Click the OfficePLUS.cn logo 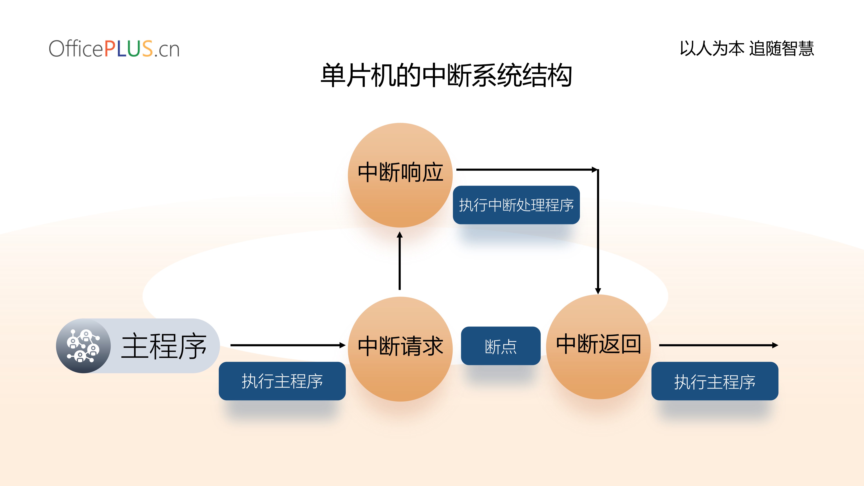(x=114, y=49)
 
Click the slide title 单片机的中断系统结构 (x=446, y=76)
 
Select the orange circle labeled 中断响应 (x=400, y=175)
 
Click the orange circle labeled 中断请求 (x=400, y=349)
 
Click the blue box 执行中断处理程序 (x=516, y=205)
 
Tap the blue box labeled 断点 (x=501, y=346)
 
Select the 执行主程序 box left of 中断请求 (x=282, y=381)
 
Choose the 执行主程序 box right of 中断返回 (x=715, y=381)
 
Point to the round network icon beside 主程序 (x=83, y=346)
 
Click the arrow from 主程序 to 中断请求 (x=288, y=345)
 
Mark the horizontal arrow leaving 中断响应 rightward (x=527, y=170)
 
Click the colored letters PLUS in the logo (x=128, y=49)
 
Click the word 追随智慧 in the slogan (x=782, y=48)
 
